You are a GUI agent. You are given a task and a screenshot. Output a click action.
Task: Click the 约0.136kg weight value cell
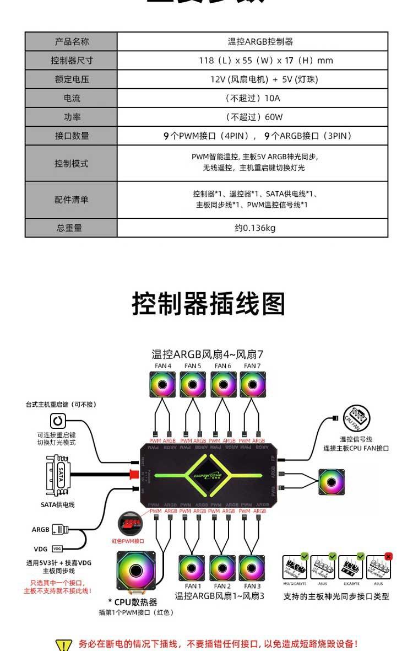coord(253,228)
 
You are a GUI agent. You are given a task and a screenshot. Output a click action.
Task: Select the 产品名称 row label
coord(71,41)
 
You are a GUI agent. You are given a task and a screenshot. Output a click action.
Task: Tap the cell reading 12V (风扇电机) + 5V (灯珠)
coord(253,79)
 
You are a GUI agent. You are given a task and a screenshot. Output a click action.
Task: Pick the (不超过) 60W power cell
coord(253,117)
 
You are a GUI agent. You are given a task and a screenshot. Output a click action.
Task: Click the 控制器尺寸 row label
coord(71,60)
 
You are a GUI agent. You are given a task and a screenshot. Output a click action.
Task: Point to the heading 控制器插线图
coord(208,304)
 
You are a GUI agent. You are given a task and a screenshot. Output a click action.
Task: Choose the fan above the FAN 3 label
coord(252,568)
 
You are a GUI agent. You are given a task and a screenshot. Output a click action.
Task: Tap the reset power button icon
coord(58,421)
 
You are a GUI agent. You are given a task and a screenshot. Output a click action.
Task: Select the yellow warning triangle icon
coord(64,645)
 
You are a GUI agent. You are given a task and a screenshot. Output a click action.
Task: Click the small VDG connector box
coord(57,549)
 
